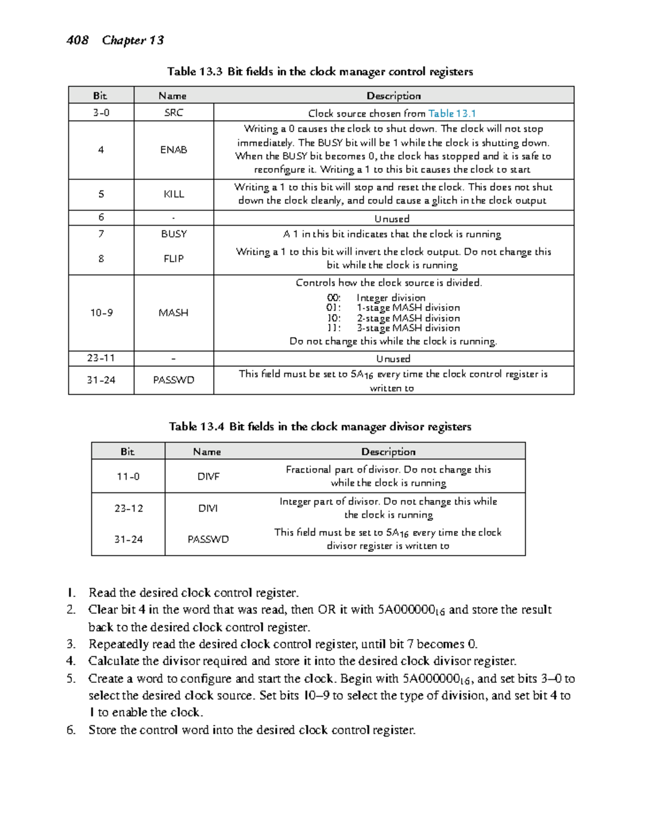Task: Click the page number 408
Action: [x=77, y=40]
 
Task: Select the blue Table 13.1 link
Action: [x=452, y=113]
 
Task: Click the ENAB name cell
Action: [x=173, y=149]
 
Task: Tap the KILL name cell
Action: [x=173, y=194]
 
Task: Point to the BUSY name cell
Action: [x=173, y=234]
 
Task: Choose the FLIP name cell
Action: [x=173, y=258]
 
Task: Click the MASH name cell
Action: [x=173, y=313]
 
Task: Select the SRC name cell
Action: [x=173, y=113]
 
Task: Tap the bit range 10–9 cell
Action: [x=101, y=313]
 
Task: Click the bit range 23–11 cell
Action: [x=101, y=358]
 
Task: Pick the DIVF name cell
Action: [x=208, y=476]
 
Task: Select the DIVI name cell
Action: [x=208, y=508]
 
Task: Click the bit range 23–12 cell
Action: [x=128, y=508]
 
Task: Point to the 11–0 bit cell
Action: [x=128, y=476]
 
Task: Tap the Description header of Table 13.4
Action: [x=388, y=452]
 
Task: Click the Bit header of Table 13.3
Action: [x=100, y=96]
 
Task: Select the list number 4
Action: [x=70, y=661]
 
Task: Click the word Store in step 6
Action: [x=102, y=730]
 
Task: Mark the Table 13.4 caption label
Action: [x=196, y=427]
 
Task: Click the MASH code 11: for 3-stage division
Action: [x=334, y=328]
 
